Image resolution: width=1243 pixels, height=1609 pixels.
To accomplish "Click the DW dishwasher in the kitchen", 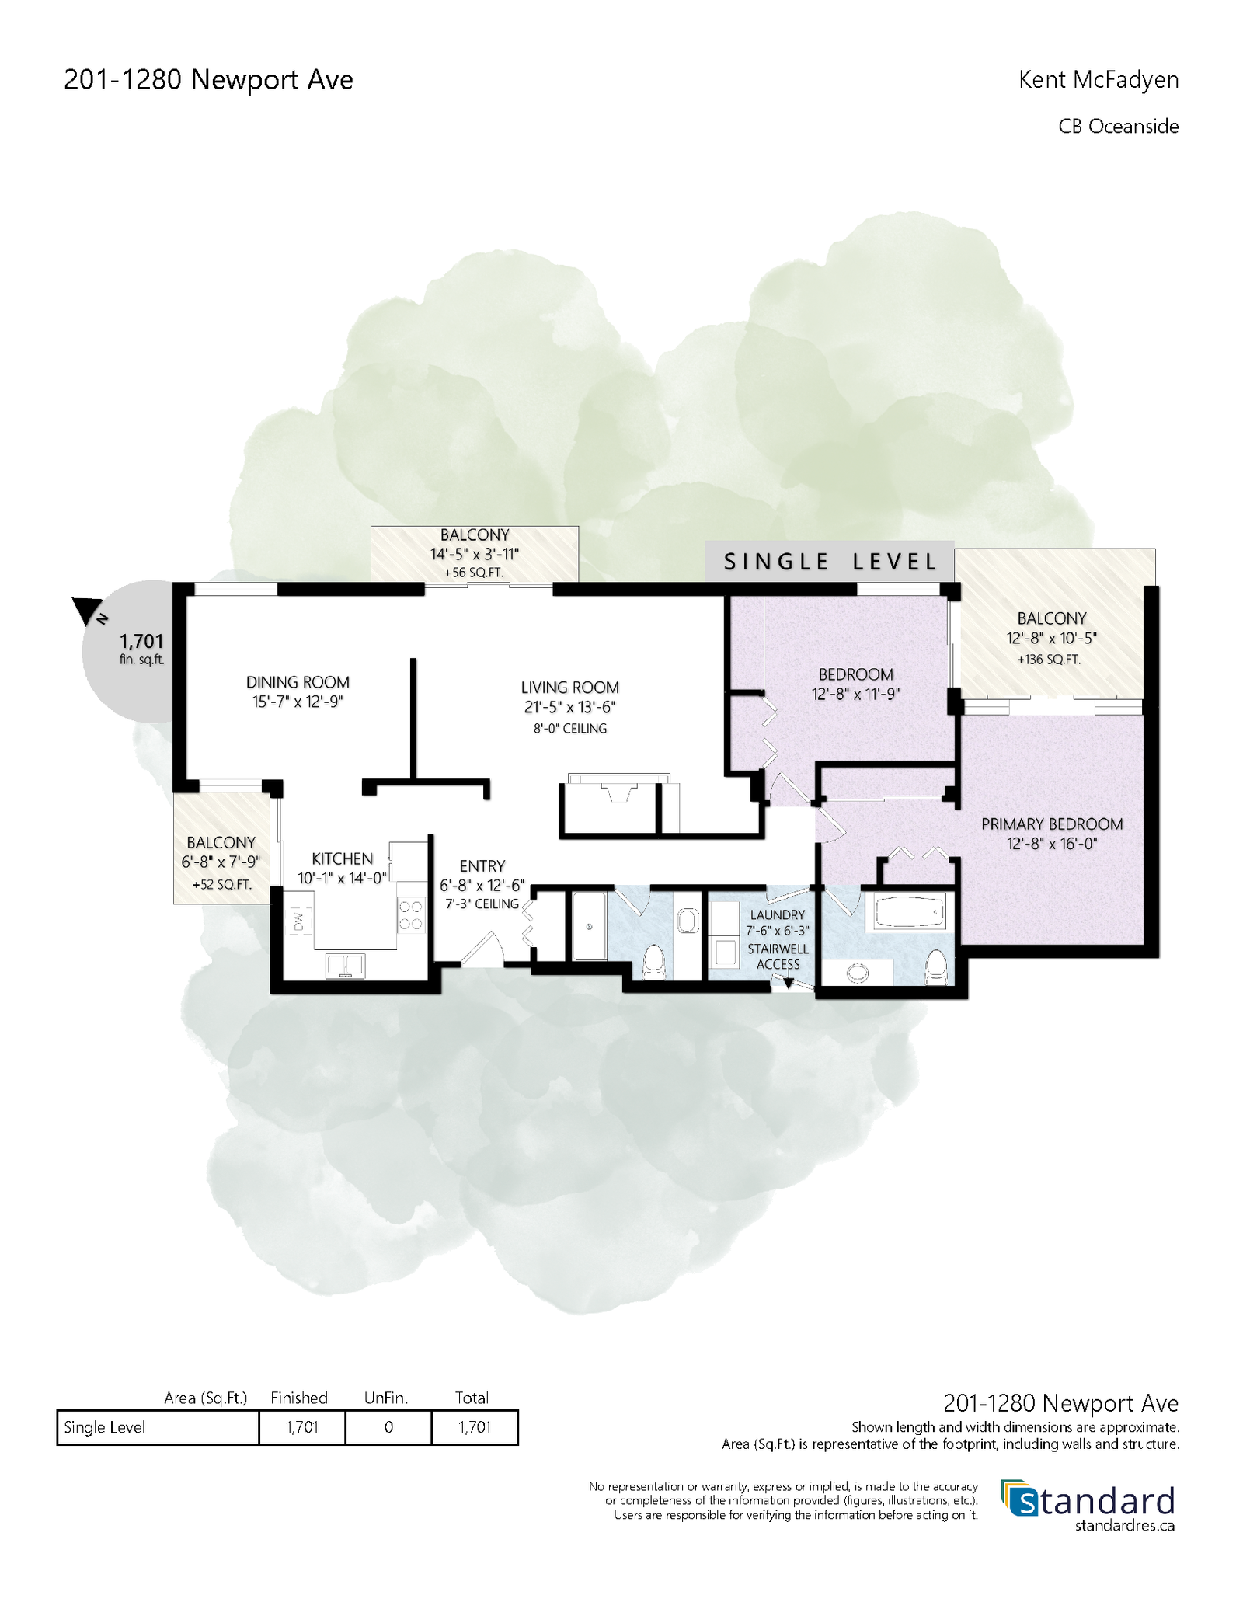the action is [299, 921].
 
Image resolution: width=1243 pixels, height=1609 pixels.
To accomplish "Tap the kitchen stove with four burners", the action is [411, 914].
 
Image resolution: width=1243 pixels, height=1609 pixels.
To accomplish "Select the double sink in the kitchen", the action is [346, 966].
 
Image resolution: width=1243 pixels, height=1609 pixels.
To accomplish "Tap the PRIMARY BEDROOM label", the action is [1052, 824].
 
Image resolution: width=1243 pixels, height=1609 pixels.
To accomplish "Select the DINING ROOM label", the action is [298, 682].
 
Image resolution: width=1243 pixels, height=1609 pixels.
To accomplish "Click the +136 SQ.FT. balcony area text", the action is [1049, 660].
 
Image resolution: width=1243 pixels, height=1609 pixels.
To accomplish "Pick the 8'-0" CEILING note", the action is [569, 729].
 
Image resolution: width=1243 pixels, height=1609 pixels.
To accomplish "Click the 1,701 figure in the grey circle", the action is [141, 642].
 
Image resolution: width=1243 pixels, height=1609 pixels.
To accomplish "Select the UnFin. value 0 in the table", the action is [388, 1427].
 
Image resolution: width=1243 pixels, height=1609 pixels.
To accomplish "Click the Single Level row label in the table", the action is [104, 1427].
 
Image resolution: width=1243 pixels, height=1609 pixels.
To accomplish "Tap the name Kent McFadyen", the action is [1099, 80].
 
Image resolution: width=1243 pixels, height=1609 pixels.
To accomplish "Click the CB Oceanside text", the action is [1119, 127].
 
